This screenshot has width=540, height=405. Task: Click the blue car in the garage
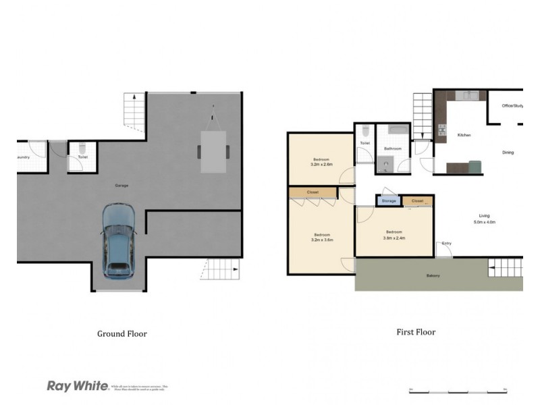point(118,242)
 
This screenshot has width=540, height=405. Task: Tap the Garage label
point(122,185)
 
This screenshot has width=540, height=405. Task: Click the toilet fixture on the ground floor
point(82,148)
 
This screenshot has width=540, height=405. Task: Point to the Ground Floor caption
point(122,333)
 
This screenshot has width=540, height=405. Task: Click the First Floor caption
point(415,332)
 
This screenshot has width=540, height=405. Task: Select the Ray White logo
point(77,386)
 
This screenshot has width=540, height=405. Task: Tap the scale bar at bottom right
point(458,390)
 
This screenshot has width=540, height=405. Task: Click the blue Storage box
point(389,200)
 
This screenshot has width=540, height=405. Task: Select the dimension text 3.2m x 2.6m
point(322,164)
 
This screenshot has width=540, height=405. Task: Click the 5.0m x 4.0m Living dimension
point(484,222)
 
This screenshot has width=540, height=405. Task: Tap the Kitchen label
point(464,136)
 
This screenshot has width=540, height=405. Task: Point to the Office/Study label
point(512,106)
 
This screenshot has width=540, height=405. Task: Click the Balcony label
point(433,275)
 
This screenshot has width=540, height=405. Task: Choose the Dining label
point(508,153)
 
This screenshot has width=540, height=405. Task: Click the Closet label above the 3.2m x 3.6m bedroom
point(312,192)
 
